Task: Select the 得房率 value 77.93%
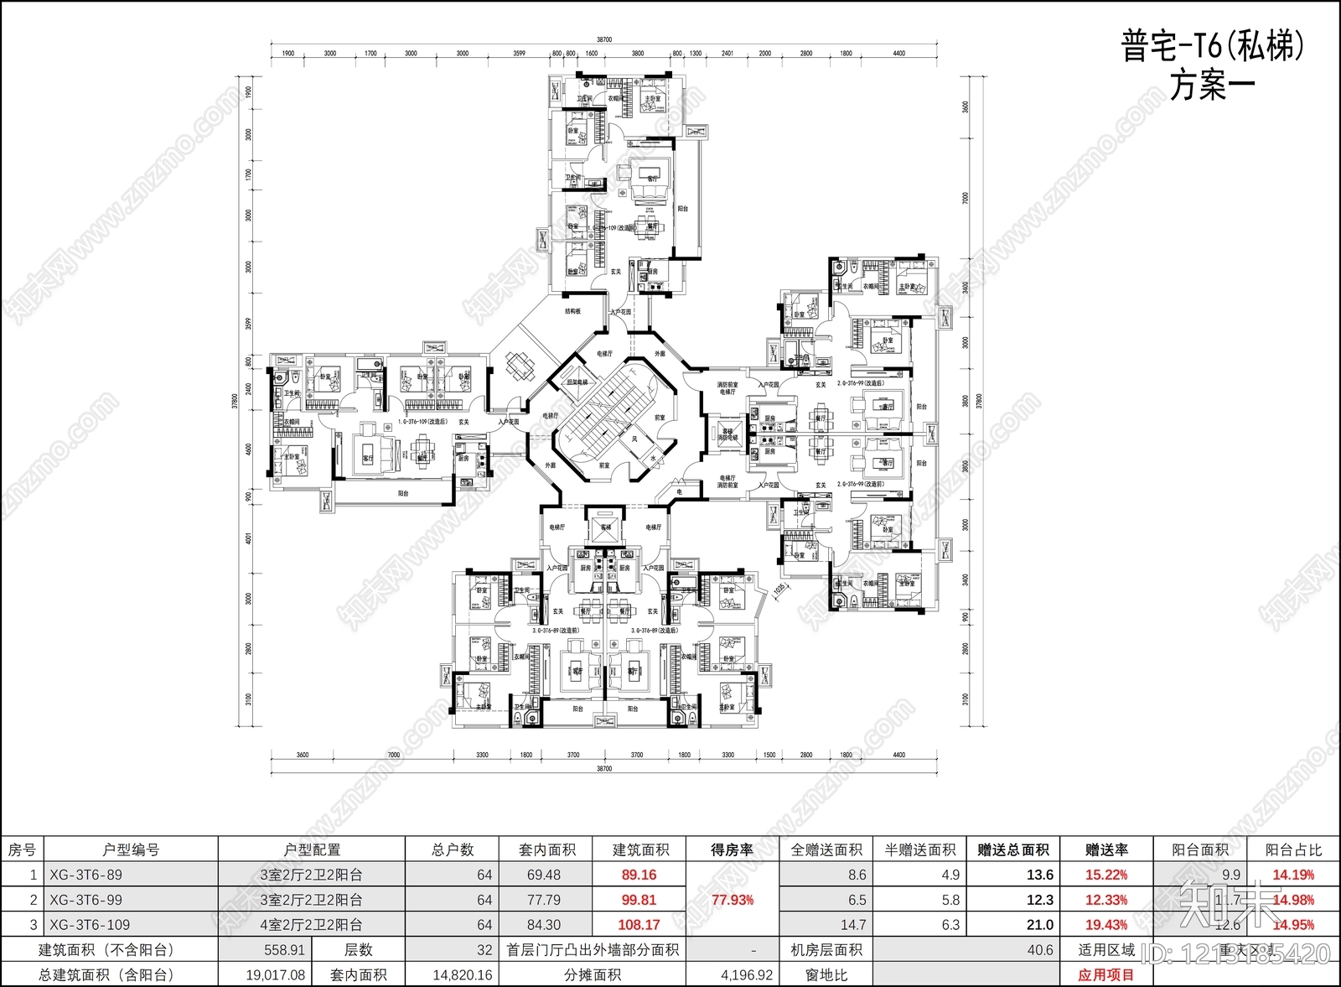click(732, 900)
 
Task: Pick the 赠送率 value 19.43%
click(1105, 925)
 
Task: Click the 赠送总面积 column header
click(1013, 849)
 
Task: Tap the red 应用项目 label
click(1105, 975)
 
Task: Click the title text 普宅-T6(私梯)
click(1213, 48)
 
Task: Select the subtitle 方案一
click(1213, 86)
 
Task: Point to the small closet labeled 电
click(680, 491)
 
